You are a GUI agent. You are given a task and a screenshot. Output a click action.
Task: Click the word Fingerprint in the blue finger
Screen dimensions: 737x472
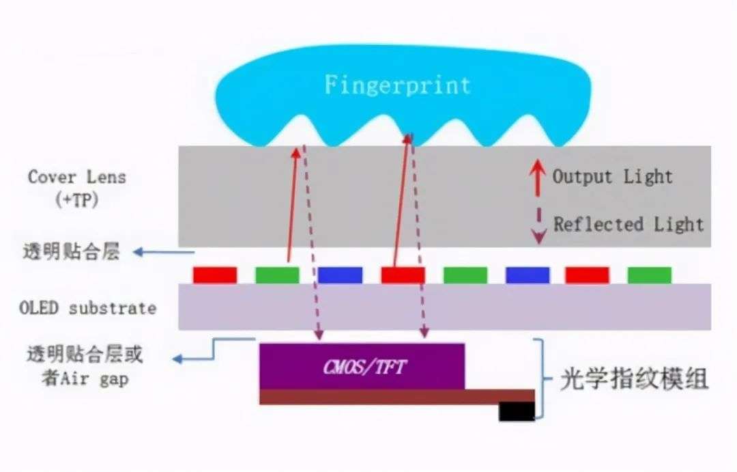pos(398,85)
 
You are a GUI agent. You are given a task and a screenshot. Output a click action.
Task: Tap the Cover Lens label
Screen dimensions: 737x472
pos(77,178)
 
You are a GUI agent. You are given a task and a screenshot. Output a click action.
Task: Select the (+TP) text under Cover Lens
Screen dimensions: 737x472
pos(77,200)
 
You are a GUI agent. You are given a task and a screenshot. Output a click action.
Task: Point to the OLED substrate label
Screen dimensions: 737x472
pos(87,308)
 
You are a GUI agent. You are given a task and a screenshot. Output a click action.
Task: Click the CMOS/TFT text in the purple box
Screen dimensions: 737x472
pos(364,367)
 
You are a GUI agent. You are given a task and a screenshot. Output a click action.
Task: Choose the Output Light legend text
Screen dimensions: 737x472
pos(612,176)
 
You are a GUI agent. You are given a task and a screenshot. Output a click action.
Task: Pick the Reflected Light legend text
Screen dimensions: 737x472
pos(628,224)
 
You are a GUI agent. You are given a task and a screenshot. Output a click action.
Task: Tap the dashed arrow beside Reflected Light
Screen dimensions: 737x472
pos(538,226)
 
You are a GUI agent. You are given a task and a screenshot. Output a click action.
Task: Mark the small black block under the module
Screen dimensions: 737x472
pos(517,411)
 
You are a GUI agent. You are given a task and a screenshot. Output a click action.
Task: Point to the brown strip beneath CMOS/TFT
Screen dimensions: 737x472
pos(397,397)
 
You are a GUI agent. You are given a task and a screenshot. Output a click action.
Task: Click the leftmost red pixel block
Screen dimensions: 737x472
pos(215,275)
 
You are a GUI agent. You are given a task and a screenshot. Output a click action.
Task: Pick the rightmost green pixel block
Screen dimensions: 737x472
pos(650,275)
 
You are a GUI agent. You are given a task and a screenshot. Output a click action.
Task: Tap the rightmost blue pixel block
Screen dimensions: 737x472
pos(528,275)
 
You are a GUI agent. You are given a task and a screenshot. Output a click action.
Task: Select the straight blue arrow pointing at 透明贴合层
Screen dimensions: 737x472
pos(164,253)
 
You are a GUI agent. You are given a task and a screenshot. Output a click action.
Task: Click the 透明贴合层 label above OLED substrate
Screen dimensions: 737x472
pos(72,251)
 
